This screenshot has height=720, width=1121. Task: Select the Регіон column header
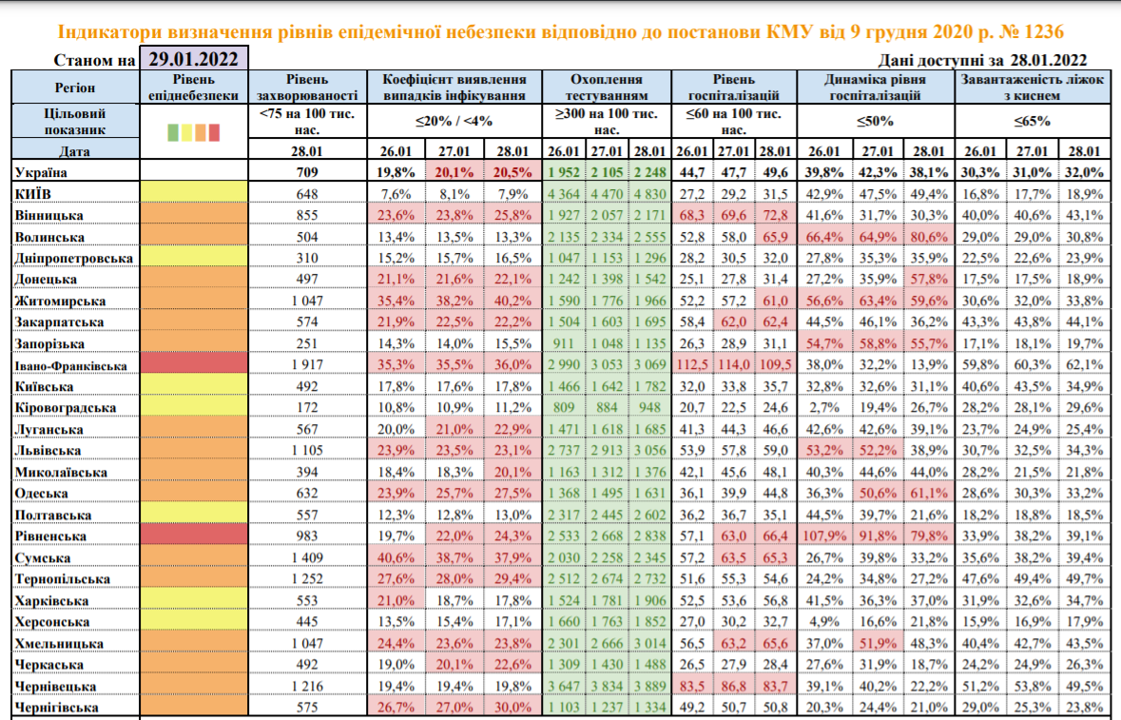(x=74, y=88)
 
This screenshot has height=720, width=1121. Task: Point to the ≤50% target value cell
(x=874, y=122)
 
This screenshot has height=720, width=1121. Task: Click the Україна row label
(x=46, y=172)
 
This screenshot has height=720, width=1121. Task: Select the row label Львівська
(x=48, y=450)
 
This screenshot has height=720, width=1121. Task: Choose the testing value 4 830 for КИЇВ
(x=649, y=193)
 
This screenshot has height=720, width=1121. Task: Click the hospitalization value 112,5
(x=693, y=364)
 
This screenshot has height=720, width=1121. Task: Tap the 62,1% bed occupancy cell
(x=1083, y=364)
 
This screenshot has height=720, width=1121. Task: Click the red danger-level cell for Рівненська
(x=194, y=535)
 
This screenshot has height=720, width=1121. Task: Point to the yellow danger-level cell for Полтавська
(x=194, y=515)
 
